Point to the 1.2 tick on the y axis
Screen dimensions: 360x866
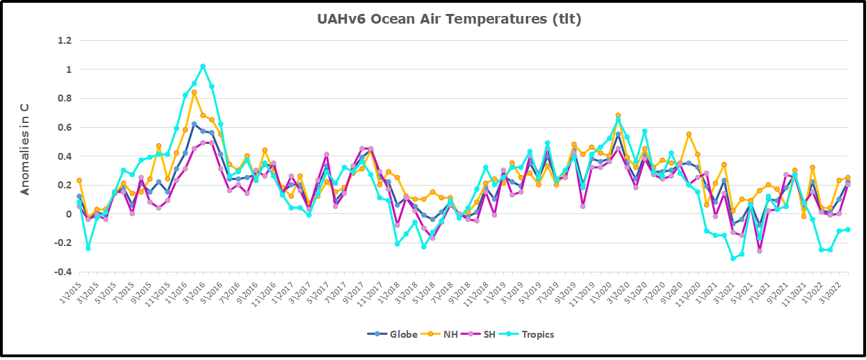(x=64, y=40)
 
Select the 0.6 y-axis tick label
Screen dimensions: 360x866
(x=64, y=127)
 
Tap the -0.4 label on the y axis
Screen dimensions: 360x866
(x=62, y=272)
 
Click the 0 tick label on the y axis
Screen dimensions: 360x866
(x=68, y=214)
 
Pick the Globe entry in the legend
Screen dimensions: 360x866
(x=393, y=334)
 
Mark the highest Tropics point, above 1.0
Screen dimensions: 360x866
(x=203, y=67)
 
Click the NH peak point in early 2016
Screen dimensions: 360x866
(x=194, y=92)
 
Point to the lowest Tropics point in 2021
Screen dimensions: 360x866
(x=733, y=259)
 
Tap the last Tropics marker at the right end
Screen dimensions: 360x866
(x=847, y=229)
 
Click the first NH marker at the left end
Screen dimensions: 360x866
(x=79, y=181)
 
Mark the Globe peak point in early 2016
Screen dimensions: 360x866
(x=194, y=124)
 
